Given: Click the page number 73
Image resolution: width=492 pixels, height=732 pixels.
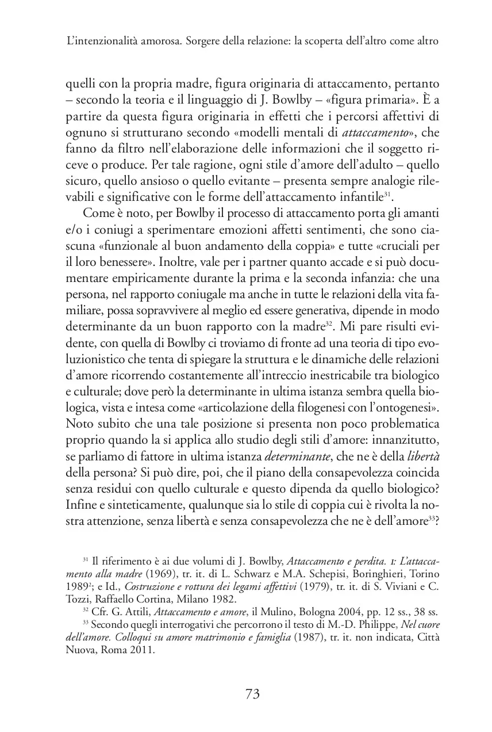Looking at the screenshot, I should coord(253,694).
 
